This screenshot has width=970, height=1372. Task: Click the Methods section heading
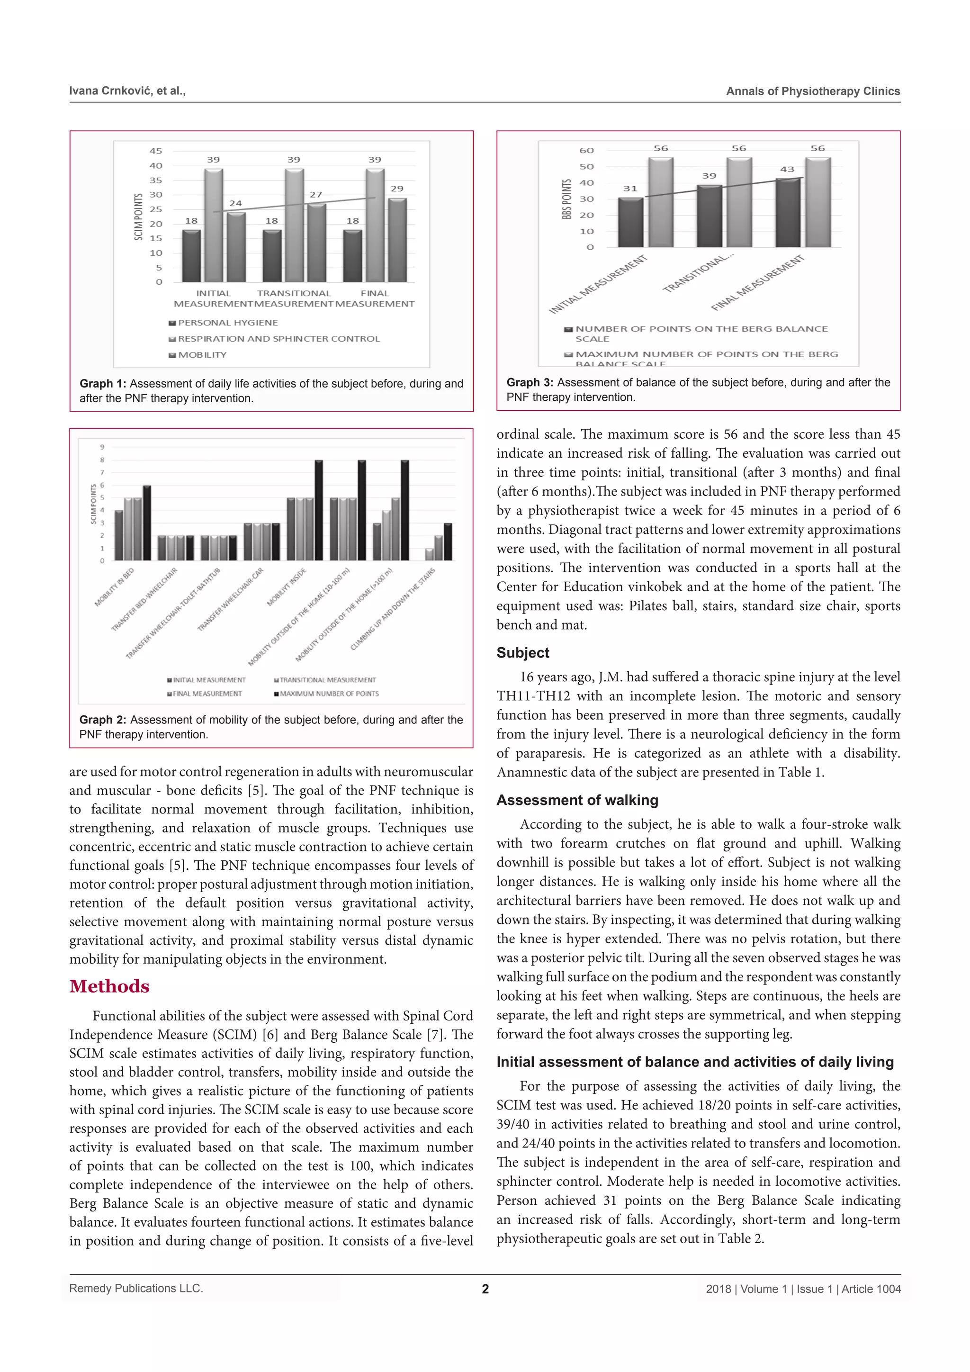109,986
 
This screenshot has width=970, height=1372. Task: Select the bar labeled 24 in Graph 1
236,247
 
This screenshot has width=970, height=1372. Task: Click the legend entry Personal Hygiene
227,323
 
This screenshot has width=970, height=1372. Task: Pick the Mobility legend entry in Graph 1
202,355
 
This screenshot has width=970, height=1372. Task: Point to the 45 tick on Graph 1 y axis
155,151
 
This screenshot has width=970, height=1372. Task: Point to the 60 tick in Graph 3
586,151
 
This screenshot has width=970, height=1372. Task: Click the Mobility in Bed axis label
115,587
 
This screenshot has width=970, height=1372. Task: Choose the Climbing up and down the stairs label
393,610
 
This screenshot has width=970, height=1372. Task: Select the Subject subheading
522,652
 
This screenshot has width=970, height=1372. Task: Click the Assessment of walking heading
577,800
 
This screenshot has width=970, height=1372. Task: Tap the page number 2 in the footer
485,1289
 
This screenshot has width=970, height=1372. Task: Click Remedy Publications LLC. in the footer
136,1288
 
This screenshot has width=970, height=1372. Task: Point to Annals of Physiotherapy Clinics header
812,91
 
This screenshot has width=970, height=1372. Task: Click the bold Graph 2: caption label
103,720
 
